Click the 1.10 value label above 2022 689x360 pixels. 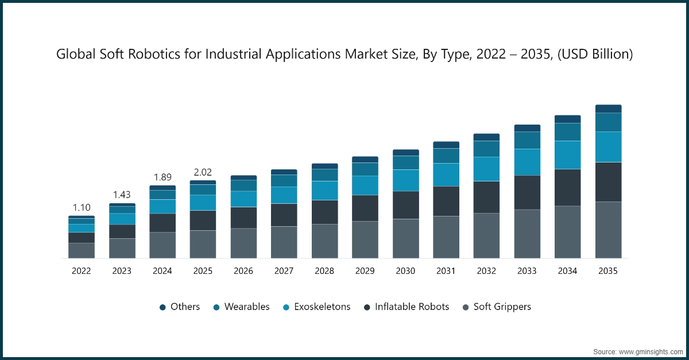tap(82, 207)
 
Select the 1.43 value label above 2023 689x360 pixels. tap(122, 195)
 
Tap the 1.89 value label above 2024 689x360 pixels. tap(162, 177)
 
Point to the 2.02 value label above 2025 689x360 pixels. tap(203, 172)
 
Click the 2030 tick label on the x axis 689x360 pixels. tap(405, 271)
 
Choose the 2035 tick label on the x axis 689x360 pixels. tap(608, 271)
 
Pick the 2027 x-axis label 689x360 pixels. tap(284, 271)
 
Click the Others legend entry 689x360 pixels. tap(180, 307)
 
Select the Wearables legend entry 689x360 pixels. tap(241, 307)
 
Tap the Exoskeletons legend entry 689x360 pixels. tap(316, 307)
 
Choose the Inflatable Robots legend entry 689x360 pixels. tap(406, 307)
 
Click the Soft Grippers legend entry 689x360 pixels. tap(497, 307)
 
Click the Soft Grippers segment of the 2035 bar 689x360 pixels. tap(608, 230)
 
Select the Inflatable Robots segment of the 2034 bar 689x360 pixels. tap(567, 187)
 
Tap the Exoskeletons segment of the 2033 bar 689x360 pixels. tap(527, 162)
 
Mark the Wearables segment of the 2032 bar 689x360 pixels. tap(486, 149)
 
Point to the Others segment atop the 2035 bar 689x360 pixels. tap(608, 109)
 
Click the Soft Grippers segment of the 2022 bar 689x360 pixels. tap(82, 250)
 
